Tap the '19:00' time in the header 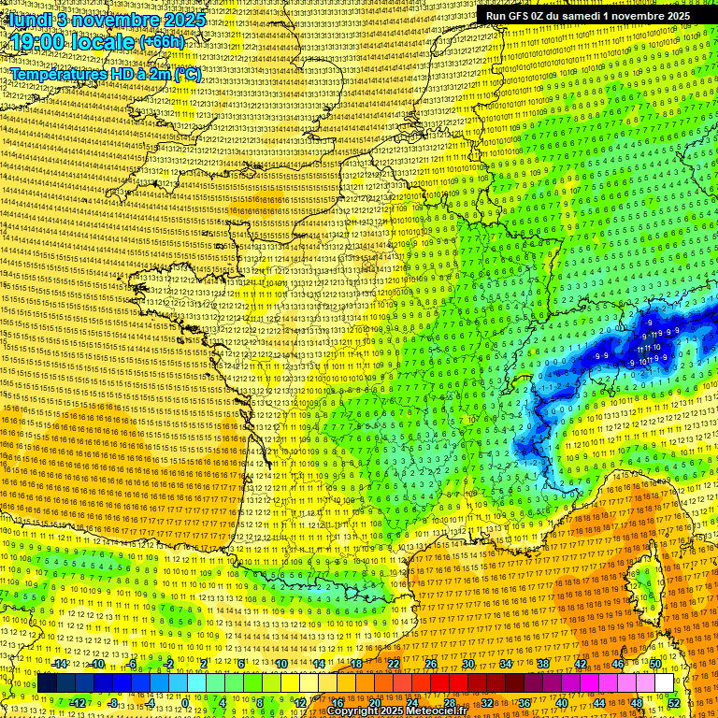pos(40,43)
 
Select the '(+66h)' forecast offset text pos(162,43)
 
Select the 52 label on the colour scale pos(673,703)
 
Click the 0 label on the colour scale pos(186,703)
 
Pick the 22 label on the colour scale pos(395,664)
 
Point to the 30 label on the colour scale pos(468,664)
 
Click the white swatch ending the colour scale pos(664,683)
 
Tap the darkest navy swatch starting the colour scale pos(47,683)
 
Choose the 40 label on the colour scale pos(562,703)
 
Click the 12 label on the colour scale pos(300,703)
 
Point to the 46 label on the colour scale pos(618,664)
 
